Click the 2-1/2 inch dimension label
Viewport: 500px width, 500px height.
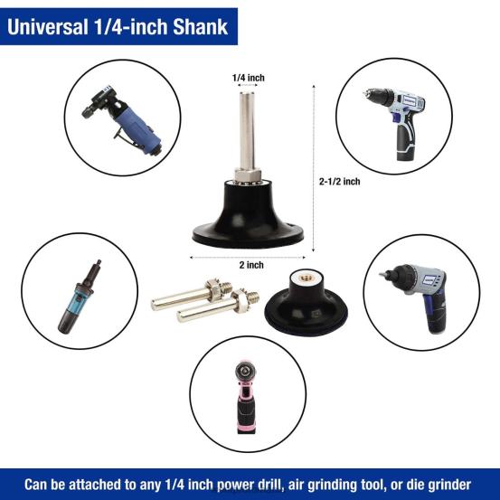(340, 181)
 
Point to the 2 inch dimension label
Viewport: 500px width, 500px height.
(252, 264)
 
